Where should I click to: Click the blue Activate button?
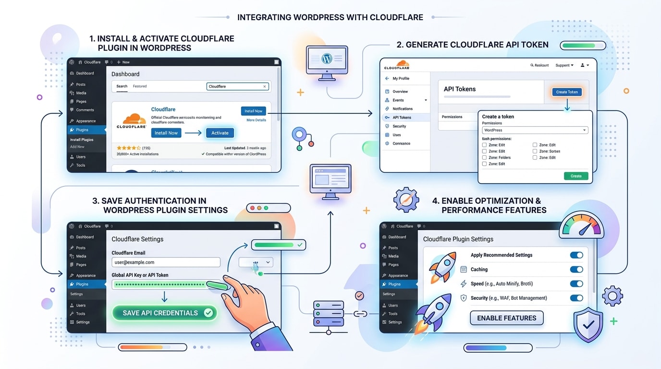(220, 133)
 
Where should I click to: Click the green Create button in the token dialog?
(576, 176)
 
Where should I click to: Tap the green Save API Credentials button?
(165, 313)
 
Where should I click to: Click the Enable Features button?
(506, 318)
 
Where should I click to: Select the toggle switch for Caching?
(576, 270)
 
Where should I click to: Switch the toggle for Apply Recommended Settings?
(576, 255)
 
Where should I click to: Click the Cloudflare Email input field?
(166, 262)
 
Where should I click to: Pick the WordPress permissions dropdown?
(535, 130)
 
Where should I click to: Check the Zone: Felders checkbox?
(485, 158)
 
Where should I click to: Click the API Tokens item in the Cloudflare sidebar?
(402, 117)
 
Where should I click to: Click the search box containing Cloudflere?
(237, 86)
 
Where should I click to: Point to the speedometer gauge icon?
(582, 226)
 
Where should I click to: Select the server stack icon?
(329, 314)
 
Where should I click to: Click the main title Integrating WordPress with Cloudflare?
(330, 17)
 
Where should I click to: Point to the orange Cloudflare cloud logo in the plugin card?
(131, 120)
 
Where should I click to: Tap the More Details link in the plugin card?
(256, 120)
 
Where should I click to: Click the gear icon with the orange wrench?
(406, 200)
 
